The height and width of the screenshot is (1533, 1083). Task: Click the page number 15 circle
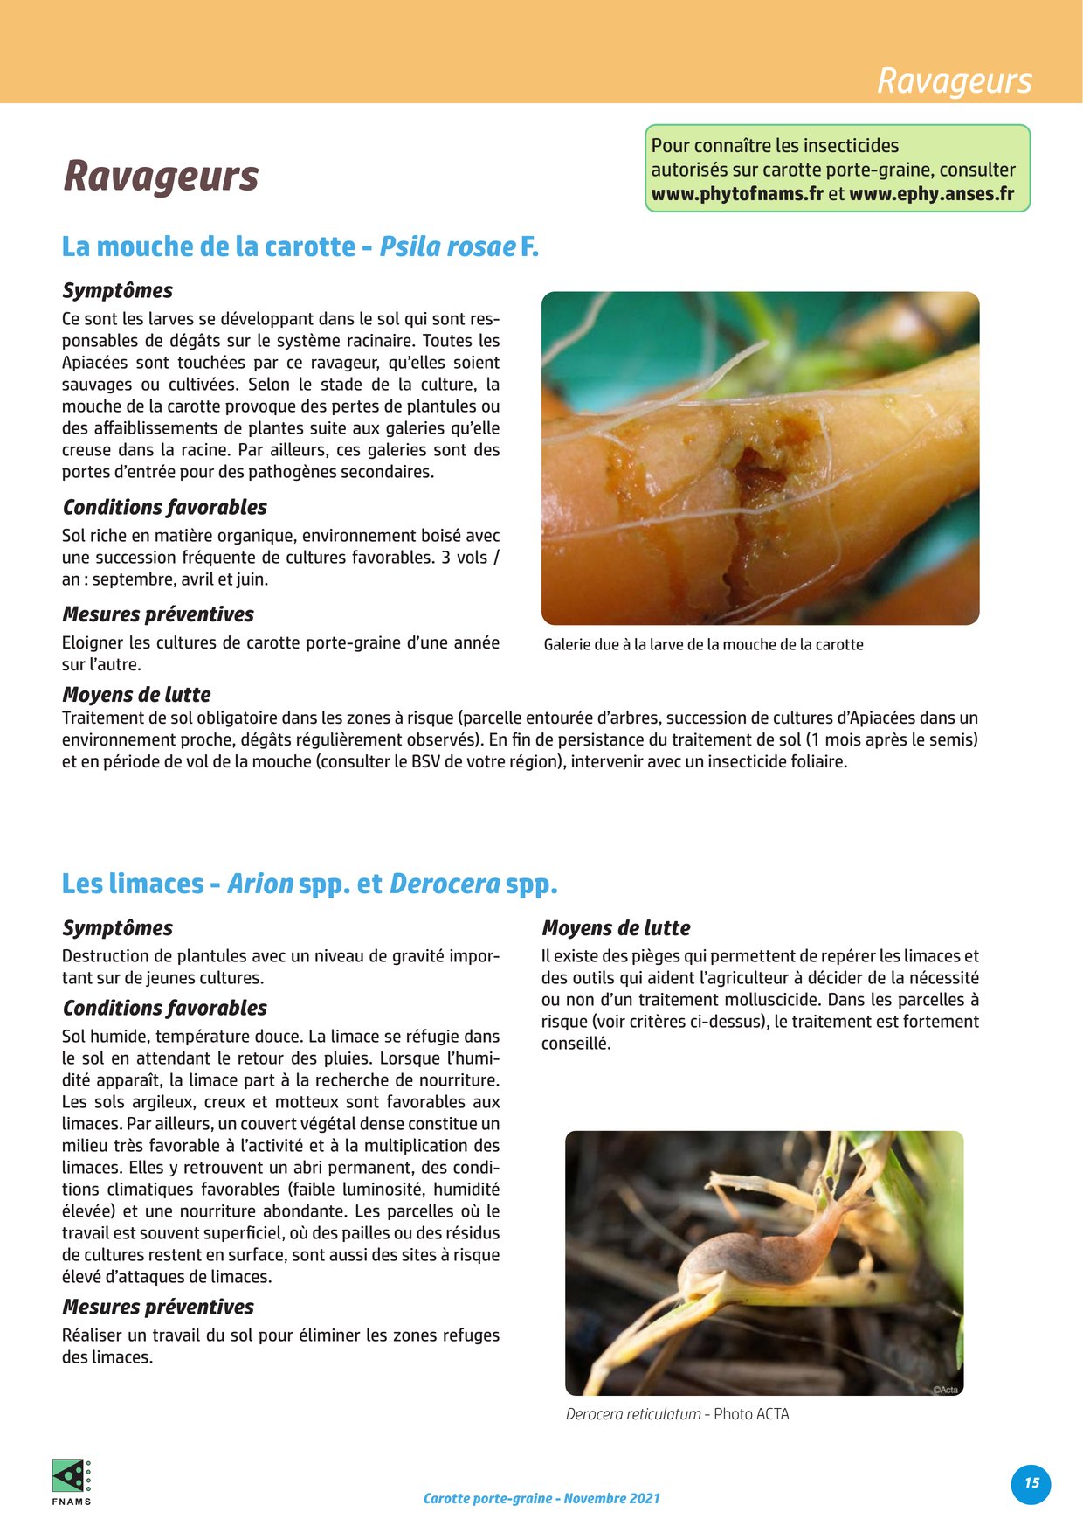tap(1031, 1484)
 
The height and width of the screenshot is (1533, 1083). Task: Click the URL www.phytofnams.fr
tap(737, 194)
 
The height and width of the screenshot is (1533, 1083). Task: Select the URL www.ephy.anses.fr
tap(931, 194)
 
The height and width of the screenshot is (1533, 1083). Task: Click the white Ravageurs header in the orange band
tap(954, 80)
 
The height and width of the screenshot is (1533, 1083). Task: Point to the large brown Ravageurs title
tap(161, 175)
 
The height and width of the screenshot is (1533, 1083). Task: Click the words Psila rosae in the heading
tap(446, 247)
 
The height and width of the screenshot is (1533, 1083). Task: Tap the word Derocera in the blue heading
tap(445, 884)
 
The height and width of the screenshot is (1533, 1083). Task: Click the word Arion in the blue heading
tap(259, 884)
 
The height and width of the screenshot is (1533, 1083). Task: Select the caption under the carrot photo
tap(703, 645)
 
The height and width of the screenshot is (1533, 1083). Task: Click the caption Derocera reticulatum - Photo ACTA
tap(677, 1414)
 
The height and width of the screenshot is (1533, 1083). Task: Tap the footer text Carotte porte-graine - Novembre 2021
tap(541, 1498)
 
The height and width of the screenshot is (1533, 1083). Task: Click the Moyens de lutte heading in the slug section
tap(616, 928)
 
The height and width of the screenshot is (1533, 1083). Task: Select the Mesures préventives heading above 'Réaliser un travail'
tap(158, 1307)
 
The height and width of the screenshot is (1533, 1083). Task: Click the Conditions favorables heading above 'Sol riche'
tap(164, 507)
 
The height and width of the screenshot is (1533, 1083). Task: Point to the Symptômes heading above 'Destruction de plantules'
tap(117, 928)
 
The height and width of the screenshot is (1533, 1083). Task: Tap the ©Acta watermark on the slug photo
tap(945, 1390)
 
